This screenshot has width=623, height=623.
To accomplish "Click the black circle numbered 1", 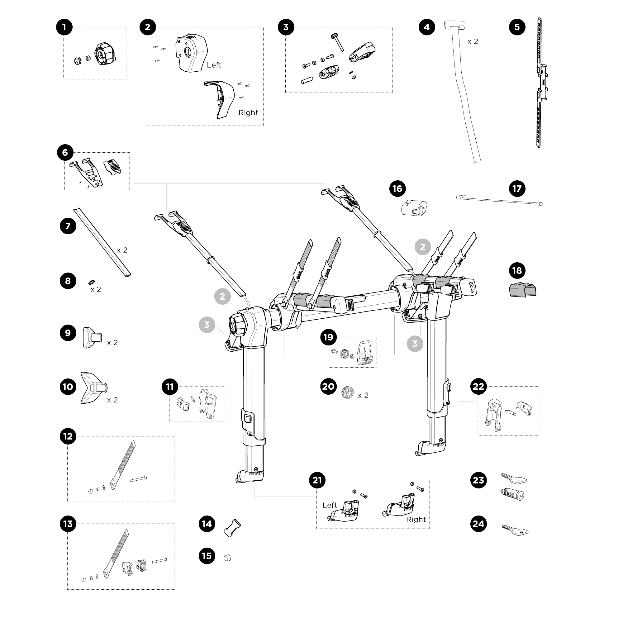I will (x=64, y=27).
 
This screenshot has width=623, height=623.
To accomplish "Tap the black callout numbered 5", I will (x=517, y=27).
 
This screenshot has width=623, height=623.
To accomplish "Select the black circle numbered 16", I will (x=397, y=189).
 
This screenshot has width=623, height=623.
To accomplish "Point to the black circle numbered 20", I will (x=328, y=386).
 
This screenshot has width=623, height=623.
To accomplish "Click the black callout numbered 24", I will (x=478, y=524).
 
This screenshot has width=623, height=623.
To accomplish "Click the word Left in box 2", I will (x=214, y=65).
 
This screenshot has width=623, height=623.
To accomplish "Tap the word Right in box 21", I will (x=416, y=520).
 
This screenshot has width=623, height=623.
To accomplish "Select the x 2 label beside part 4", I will (x=473, y=42).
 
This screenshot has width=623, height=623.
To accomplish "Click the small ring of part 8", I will (x=92, y=282).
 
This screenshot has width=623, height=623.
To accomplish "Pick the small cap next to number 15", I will (x=227, y=558).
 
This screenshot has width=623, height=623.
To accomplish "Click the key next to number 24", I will (x=515, y=530).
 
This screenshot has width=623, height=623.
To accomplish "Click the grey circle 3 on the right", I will (x=415, y=344).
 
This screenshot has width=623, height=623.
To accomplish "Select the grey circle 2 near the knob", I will (x=222, y=296).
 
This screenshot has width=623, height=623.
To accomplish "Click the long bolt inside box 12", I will (x=138, y=479).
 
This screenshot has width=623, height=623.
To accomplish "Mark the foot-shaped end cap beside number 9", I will (x=92, y=338).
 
